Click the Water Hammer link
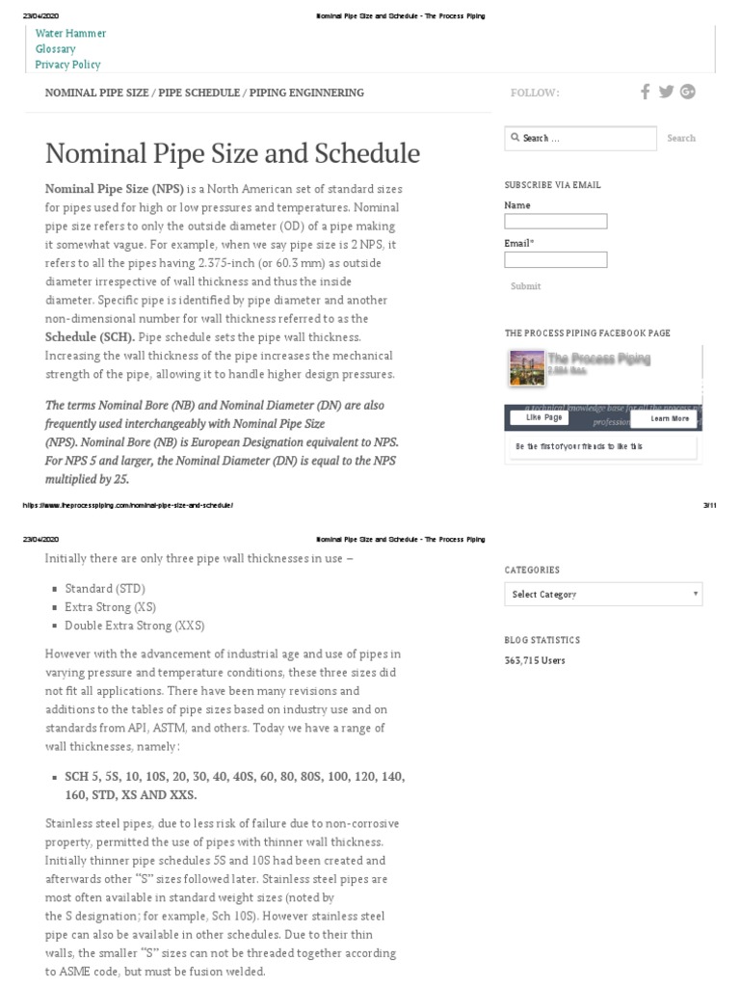(70, 33)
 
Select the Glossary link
(55, 49)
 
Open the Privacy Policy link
(67, 65)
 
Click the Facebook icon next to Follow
(646, 92)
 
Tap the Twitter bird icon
(666, 92)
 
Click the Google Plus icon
(687, 92)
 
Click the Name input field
(555, 222)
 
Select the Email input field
(555, 259)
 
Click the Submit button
(525, 286)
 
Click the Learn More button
(669, 418)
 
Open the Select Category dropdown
(603, 594)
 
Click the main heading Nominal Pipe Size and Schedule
(232, 153)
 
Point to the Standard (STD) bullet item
(105, 588)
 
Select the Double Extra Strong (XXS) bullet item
(134, 626)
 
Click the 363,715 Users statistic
(535, 661)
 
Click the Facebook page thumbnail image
(526, 367)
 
